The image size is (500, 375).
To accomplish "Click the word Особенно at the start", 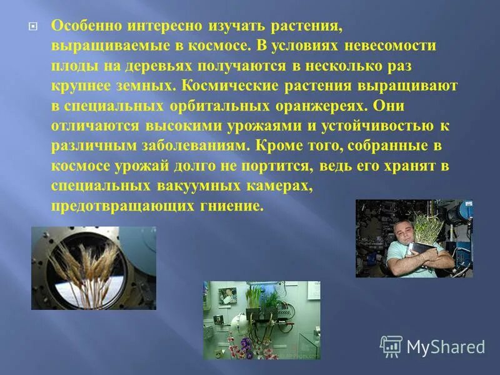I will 81,27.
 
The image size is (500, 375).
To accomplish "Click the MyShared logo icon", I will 391,346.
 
